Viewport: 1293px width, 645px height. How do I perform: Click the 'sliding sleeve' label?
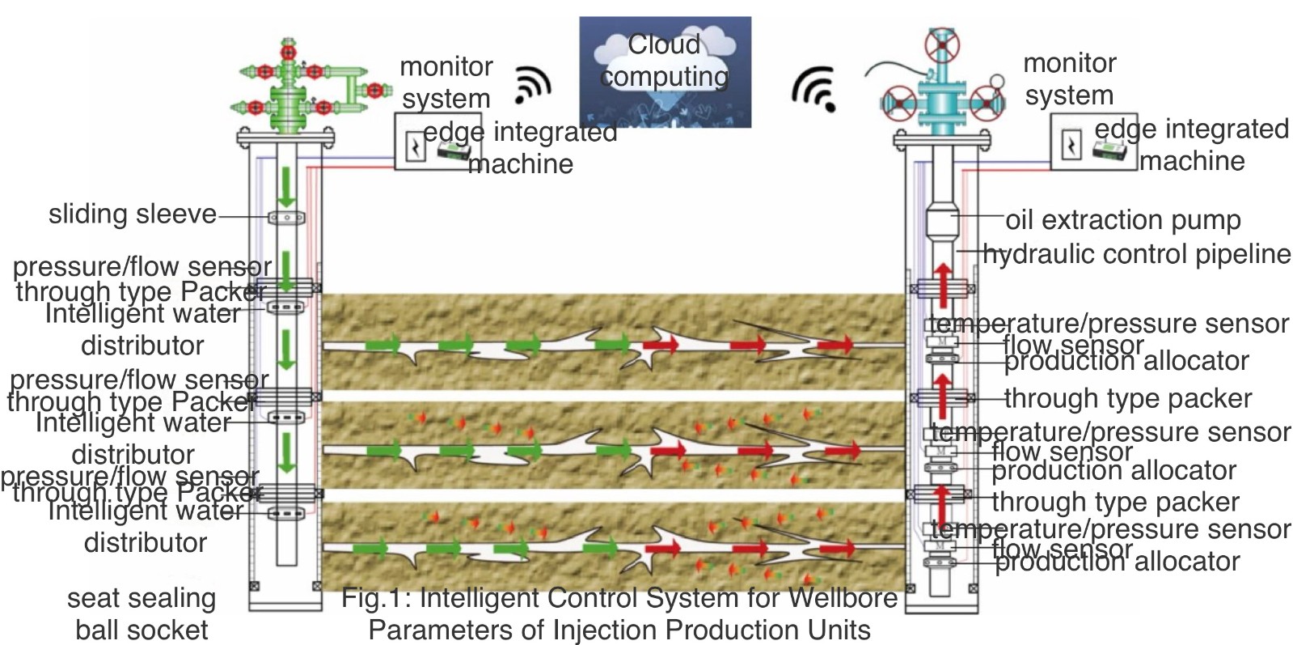133,214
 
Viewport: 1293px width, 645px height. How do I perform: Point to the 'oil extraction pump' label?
1122,219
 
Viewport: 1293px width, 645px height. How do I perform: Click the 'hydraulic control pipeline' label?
1136,254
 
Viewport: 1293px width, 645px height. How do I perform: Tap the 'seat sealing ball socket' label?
142,613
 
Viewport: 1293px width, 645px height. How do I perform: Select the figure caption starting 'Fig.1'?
619,613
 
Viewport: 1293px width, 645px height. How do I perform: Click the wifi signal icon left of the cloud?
533,84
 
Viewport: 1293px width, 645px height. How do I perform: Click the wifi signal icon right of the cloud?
813,87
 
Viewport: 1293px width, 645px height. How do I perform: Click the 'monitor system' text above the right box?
1069,79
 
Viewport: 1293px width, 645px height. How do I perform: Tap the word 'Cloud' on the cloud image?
664,45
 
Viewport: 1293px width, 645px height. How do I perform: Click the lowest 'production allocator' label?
1117,562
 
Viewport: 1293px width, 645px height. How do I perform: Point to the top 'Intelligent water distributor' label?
143,329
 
